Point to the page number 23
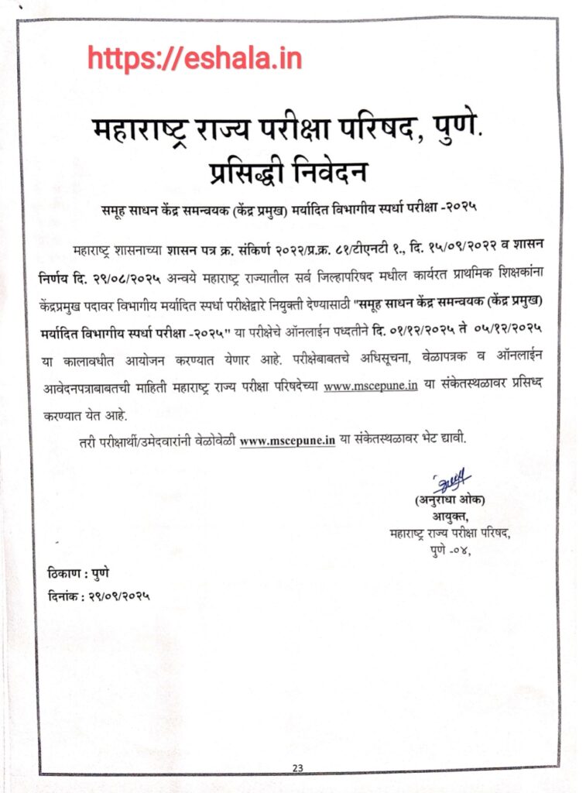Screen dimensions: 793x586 tap(298, 767)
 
